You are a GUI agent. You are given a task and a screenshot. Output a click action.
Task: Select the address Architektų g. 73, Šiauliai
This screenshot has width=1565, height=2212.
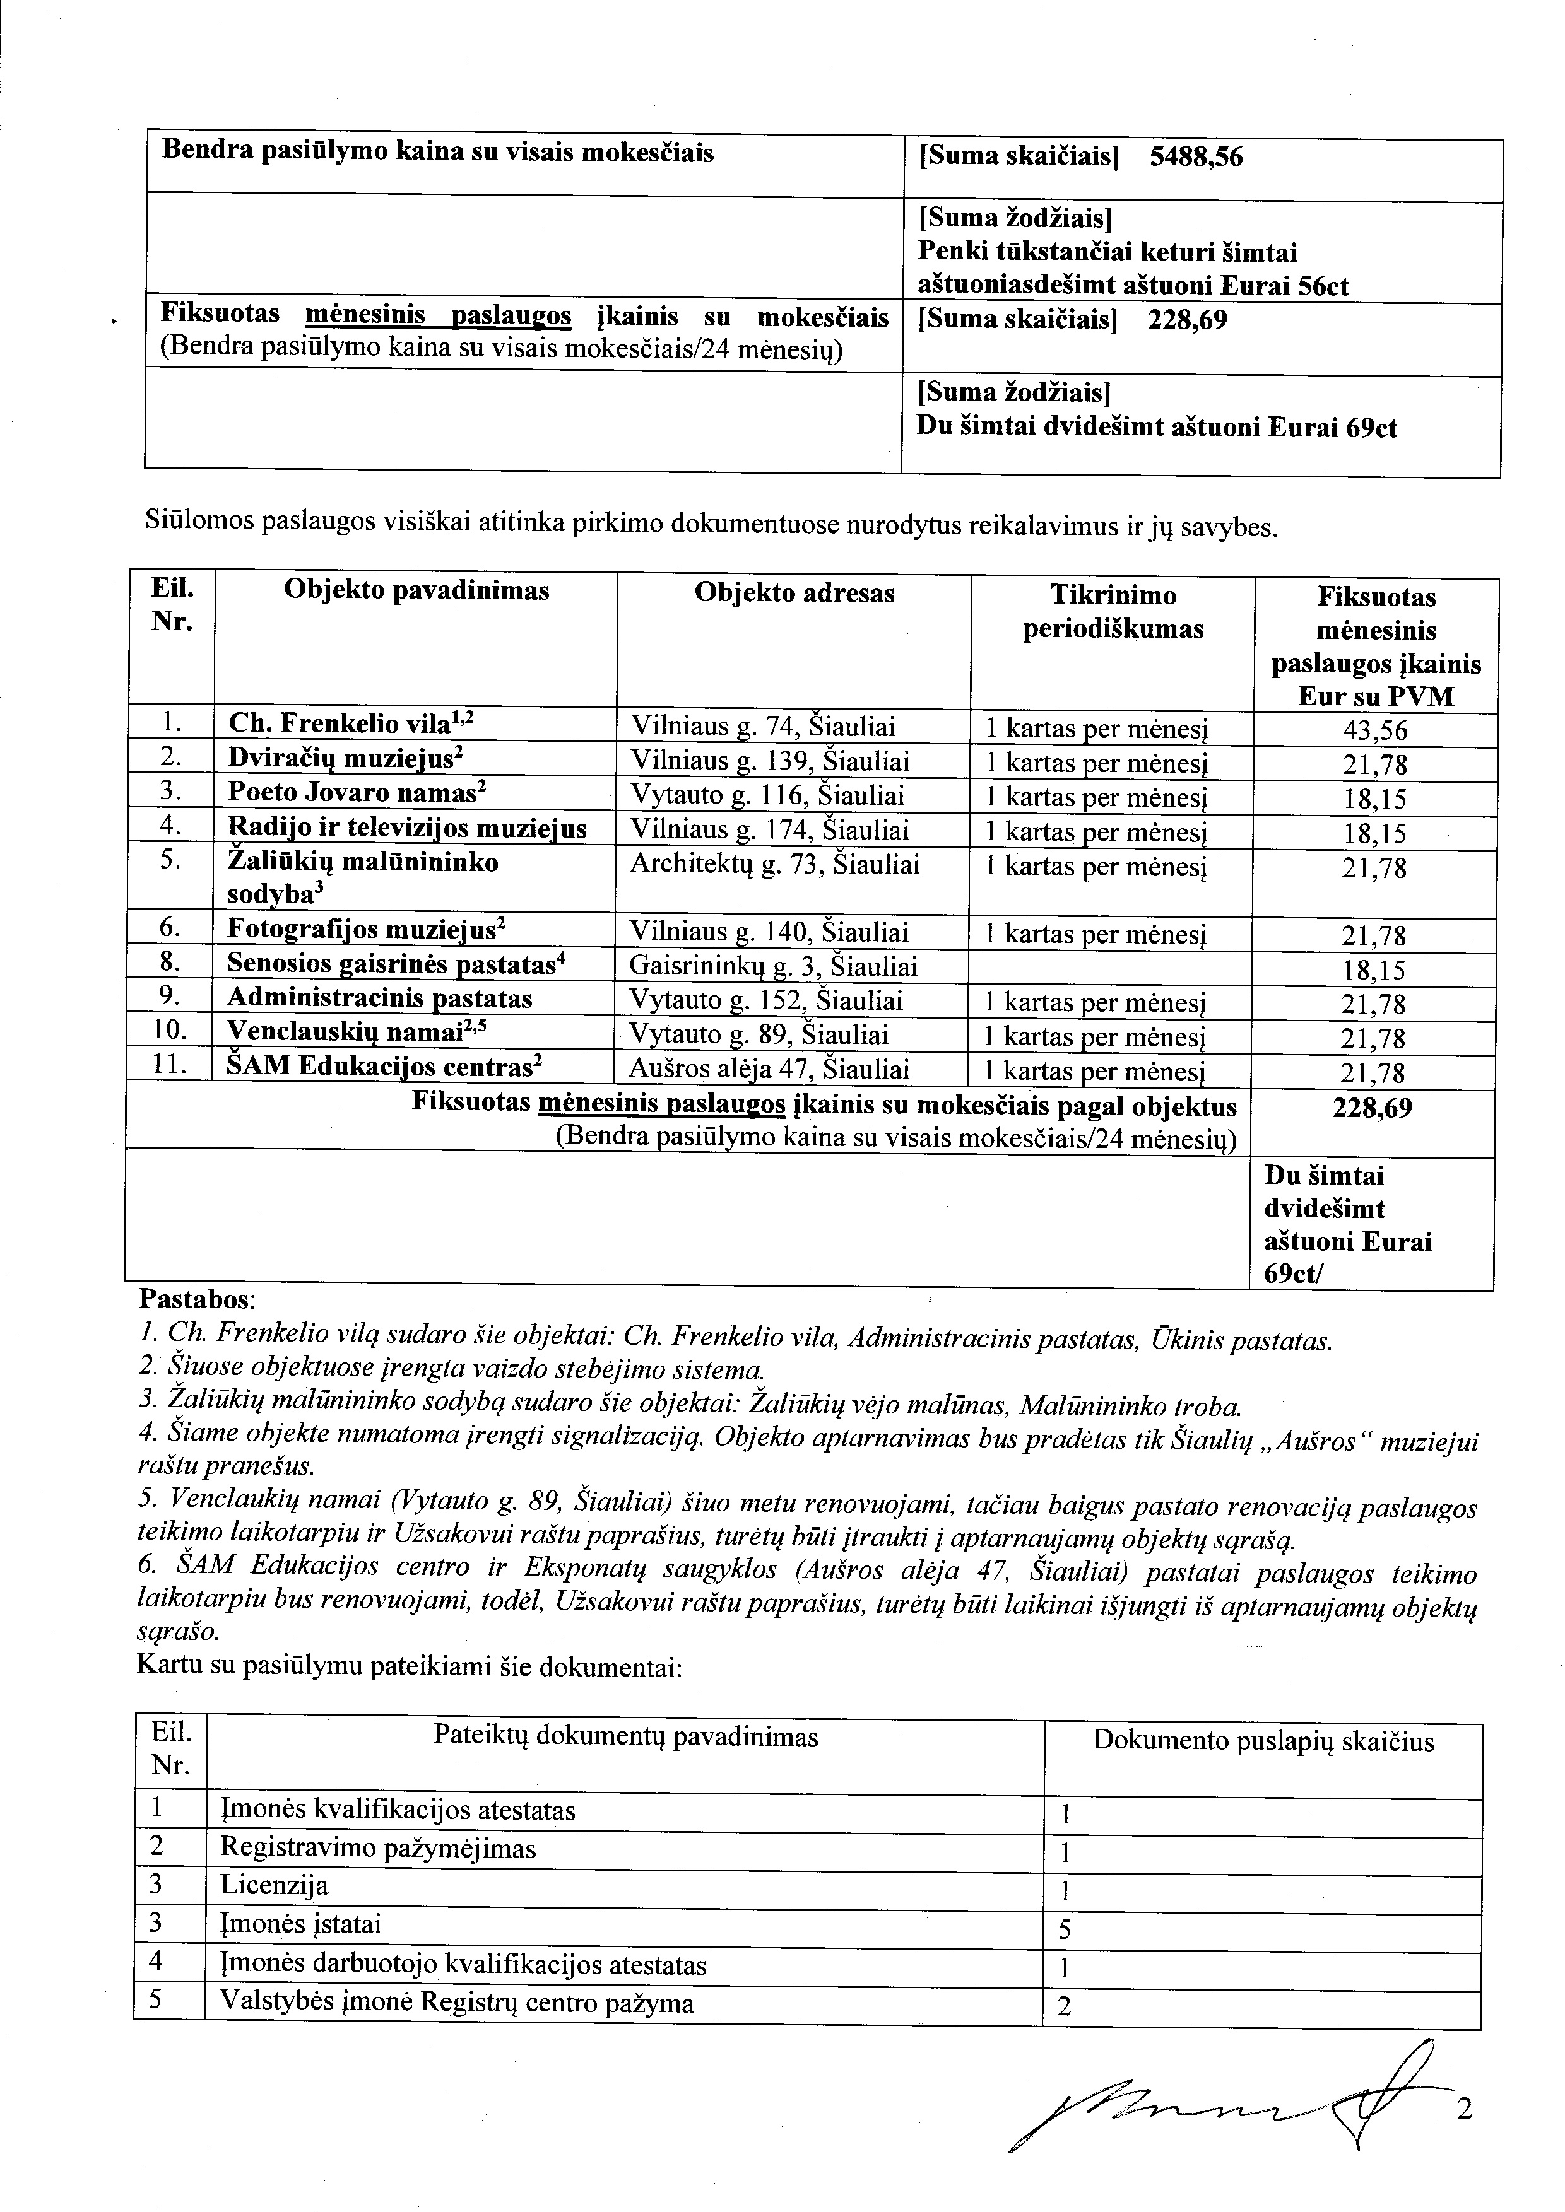point(775,864)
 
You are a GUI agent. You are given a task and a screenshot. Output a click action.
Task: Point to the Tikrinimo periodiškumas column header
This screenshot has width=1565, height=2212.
point(1113,612)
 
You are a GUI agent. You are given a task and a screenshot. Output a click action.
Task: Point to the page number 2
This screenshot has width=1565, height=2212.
point(1464,2110)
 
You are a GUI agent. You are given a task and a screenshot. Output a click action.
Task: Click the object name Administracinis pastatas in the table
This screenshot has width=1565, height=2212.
point(380,999)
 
